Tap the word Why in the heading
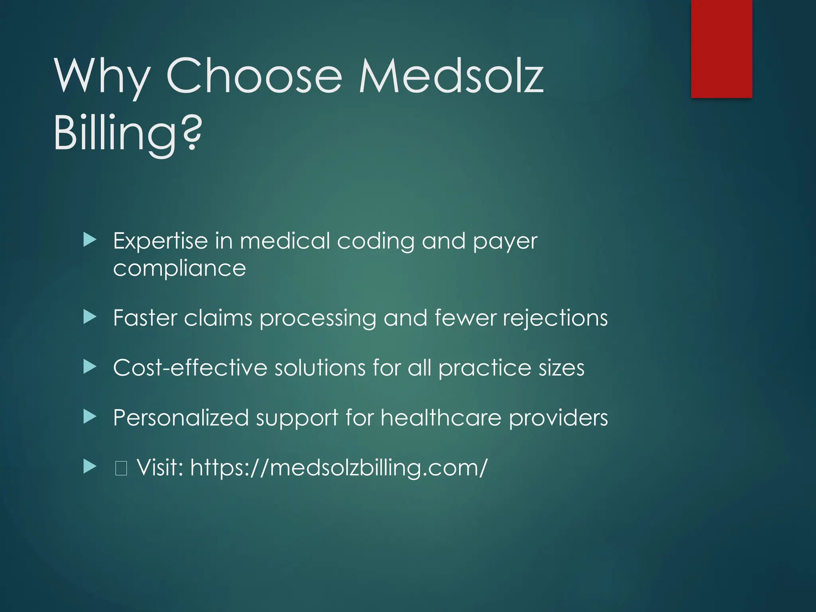102,76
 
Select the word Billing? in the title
128,133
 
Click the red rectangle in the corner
721,49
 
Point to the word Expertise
160,241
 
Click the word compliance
179,269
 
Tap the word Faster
145,318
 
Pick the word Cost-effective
190,367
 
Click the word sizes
561,368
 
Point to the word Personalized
181,418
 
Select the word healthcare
441,418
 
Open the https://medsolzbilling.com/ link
339,467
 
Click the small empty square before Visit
121,468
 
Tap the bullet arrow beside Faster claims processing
90,318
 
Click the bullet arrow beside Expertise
90,240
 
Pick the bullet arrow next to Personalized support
90,417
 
